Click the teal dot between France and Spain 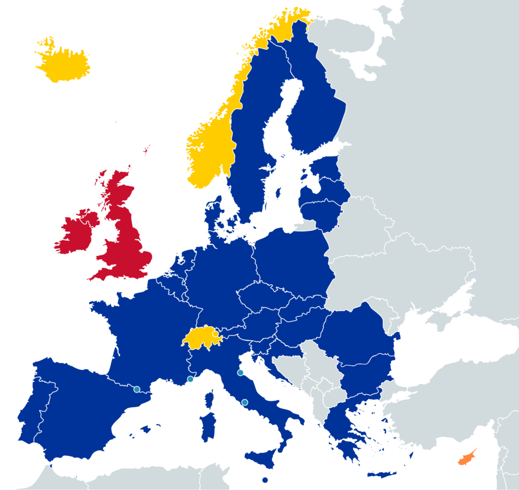(x=137, y=389)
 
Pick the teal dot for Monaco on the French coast (x=190, y=379)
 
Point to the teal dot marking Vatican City (x=244, y=402)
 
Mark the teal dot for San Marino (x=240, y=373)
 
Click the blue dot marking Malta (x=265, y=480)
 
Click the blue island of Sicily (x=264, y=457)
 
